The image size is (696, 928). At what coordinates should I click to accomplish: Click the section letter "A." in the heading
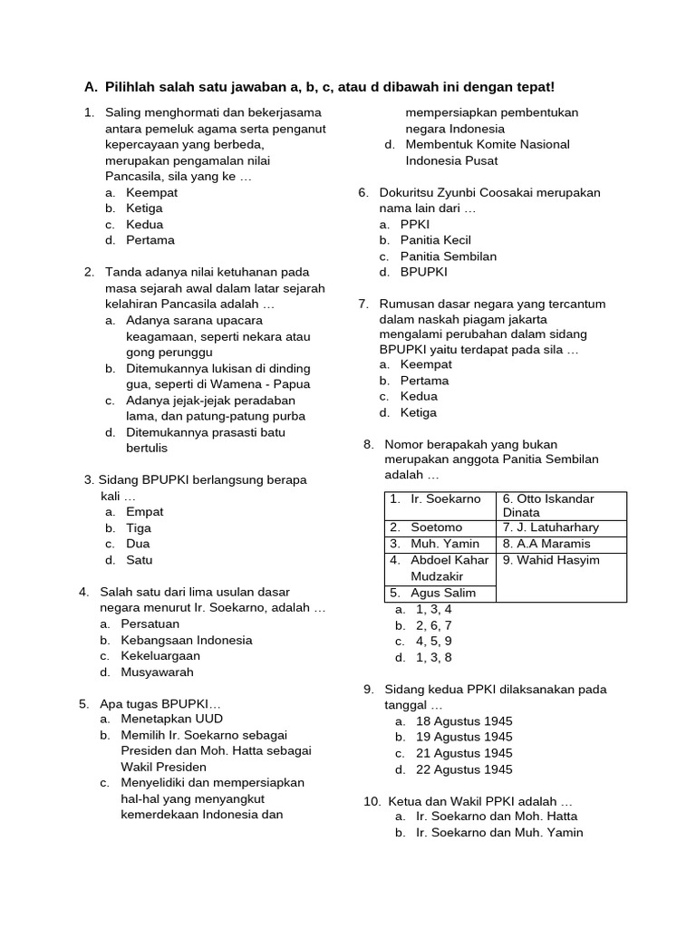91,87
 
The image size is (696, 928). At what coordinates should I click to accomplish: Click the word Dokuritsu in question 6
407,193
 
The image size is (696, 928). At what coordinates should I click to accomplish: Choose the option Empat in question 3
145,512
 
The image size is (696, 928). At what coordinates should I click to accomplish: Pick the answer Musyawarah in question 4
158,672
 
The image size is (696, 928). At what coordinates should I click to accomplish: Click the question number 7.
363,304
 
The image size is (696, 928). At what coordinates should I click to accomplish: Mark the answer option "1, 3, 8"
434,657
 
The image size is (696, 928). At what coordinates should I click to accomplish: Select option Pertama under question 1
150,240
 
